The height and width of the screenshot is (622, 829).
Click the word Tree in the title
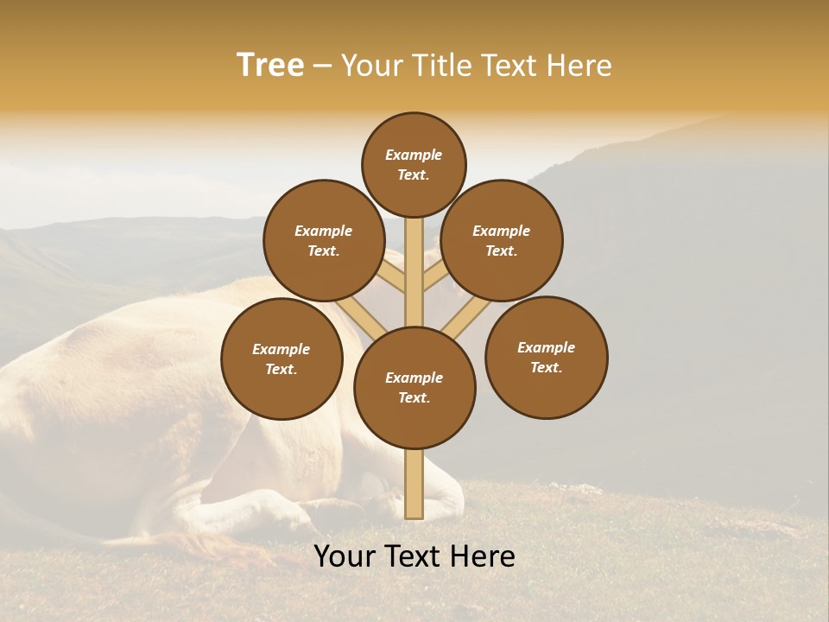270,66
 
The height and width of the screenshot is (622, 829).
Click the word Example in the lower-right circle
546,347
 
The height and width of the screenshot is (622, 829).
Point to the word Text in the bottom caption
414,555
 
